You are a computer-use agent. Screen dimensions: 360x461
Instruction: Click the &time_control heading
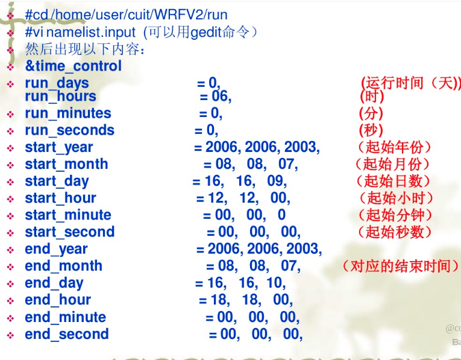point(73,66)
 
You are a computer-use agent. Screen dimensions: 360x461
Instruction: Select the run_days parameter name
point(57,83)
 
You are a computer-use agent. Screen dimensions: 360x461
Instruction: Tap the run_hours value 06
point(221,96)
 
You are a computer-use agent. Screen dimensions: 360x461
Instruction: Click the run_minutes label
point(67,113)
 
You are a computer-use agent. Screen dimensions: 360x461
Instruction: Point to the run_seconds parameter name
point(69,130)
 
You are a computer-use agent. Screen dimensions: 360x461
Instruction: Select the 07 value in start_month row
point(287,164)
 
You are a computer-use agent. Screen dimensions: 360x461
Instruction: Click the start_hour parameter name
point(60,198)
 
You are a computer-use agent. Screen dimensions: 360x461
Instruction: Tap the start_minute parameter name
point(67,215)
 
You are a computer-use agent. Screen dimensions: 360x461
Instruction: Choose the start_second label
point(69,232)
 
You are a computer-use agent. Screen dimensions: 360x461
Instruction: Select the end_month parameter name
point(63,266)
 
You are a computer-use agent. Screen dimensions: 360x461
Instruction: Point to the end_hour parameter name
point(58,300)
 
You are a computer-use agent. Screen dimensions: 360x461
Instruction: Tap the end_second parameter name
point(66,334)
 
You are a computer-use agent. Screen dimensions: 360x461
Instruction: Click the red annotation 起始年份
point(394,147)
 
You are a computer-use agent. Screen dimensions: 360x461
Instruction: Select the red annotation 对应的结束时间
point(400,266)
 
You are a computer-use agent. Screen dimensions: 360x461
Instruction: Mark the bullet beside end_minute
point(10,318)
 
